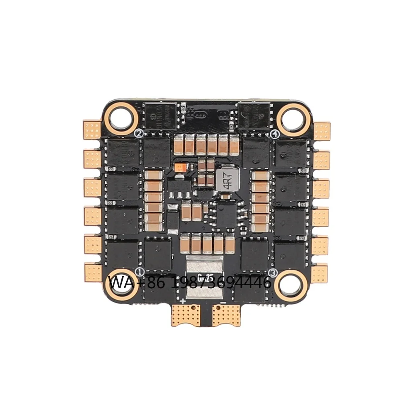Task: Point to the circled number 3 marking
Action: tap(273, 273)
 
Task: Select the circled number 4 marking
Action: tap(275, 133)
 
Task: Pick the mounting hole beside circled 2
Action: tap(122, 116)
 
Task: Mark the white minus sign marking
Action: tap(222, 301)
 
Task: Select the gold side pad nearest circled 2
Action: tap(92, 129)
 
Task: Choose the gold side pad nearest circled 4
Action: tap(322, 131)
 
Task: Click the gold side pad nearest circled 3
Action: tap(319, 273)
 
